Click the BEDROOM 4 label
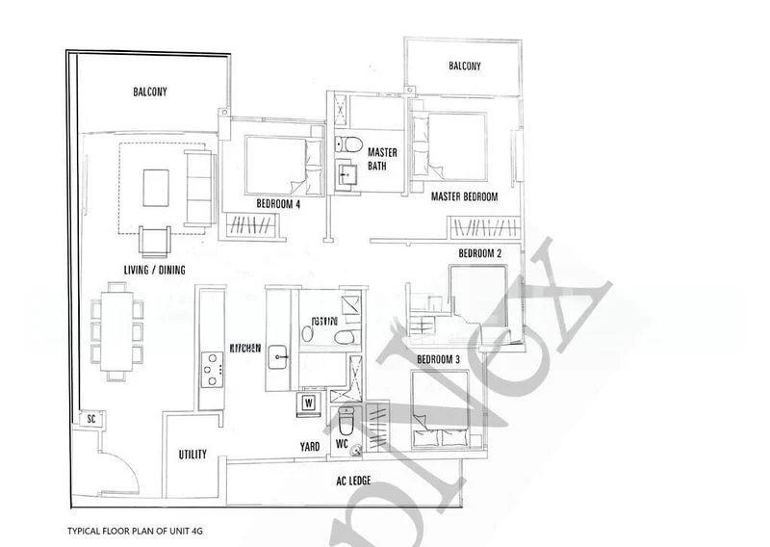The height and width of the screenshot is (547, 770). click(x=275, y=204)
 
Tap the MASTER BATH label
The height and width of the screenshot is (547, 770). click(x=382, y=159)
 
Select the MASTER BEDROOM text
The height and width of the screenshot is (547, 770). click(x=464, y=196)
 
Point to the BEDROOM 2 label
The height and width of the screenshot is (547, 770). click(x=480, y=253)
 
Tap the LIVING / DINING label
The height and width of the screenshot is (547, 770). click(x=147, y=271)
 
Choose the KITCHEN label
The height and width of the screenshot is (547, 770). click(x=245, y=349)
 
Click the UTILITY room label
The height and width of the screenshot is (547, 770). click(x=192, y=455)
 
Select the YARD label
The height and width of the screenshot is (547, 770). click(x=309, y=446)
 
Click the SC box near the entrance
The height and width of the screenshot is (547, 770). click(x=91, y=420)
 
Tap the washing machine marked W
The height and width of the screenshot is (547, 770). click(x=309, y=402)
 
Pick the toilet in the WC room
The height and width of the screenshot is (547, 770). click(x=346, y=421)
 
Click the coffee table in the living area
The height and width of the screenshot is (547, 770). click(x=156, y=188)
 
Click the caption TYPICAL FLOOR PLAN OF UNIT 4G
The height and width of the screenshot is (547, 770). click(x=136, y=531)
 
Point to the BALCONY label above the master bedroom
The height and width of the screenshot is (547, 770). click(x=465, y=66)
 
